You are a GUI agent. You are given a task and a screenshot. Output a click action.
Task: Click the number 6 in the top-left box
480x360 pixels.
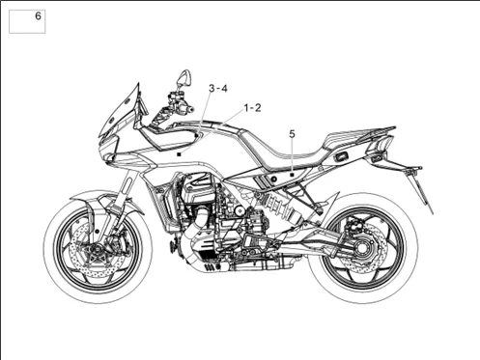pos(38,16)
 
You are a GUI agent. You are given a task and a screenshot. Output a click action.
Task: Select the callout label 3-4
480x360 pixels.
pos(218,88)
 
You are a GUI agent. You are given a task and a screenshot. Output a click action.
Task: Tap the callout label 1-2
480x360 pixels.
pos(252,108)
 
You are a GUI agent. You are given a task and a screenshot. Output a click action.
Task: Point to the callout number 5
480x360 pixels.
pos(292,134)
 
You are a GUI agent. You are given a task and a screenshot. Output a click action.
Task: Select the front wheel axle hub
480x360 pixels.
pos(95,250)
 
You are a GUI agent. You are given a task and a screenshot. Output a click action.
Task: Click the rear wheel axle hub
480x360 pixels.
pos(362,248)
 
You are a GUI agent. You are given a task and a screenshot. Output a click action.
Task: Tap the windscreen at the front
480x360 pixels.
pos(120,109)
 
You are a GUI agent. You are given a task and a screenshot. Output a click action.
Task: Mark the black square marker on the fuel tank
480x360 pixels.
pos(180,154)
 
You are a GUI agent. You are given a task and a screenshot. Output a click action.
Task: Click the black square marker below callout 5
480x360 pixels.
pos(292,175)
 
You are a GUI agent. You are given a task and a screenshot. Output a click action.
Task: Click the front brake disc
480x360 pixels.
pos(96,250)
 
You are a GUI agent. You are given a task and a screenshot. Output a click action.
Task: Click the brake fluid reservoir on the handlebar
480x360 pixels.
pos(177,96)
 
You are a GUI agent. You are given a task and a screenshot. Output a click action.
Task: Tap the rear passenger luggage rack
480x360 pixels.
pos(360,135)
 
